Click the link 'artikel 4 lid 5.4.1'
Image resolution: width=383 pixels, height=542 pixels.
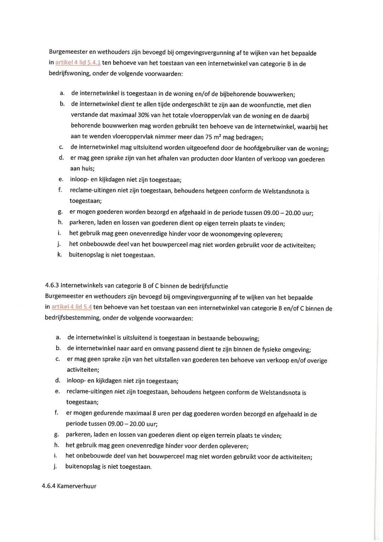coord(78,62)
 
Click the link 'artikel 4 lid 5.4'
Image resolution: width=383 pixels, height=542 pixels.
coord(72,307)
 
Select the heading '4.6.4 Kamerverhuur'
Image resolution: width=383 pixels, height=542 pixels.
coord(69,486)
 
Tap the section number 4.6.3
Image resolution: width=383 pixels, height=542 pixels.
coord(52,285)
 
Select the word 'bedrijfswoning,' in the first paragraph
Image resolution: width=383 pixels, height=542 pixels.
coord(70,73)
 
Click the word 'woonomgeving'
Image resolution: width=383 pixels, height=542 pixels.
coord(229,234)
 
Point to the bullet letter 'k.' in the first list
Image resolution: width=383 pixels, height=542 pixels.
coord(60,254)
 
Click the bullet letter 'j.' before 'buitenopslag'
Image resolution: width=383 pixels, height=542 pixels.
coord(55,466)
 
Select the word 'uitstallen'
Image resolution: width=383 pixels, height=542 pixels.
coord(166,359)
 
